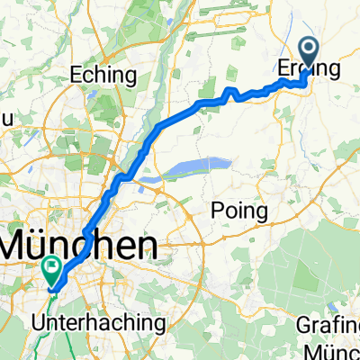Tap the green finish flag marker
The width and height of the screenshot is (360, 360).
52,268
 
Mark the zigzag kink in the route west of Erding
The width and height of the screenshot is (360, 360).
231,93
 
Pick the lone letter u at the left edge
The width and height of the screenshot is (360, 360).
4,117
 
